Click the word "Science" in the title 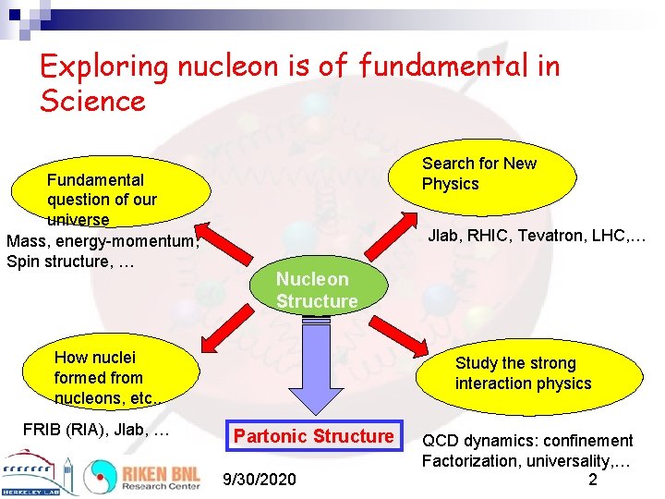[x=93, y=99]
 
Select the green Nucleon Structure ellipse [x=317, y=290]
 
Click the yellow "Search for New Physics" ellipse [x=490, y=174]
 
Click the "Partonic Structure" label [x=314, y=436]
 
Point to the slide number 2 [x=592, y=480]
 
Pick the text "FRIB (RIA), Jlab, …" [x=95, y=430]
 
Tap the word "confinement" [x=587, y=441]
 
